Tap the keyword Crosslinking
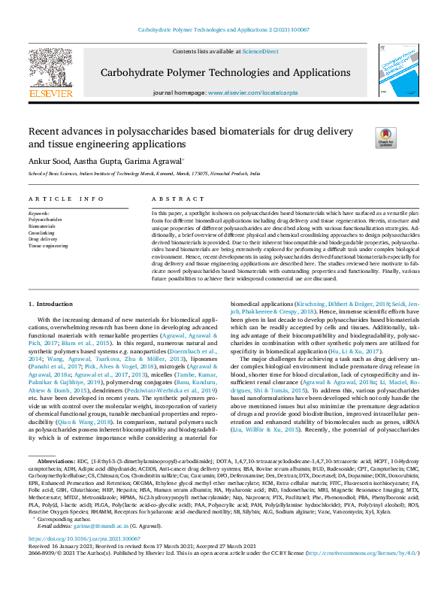[41, 232]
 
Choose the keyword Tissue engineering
[48, 246]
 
